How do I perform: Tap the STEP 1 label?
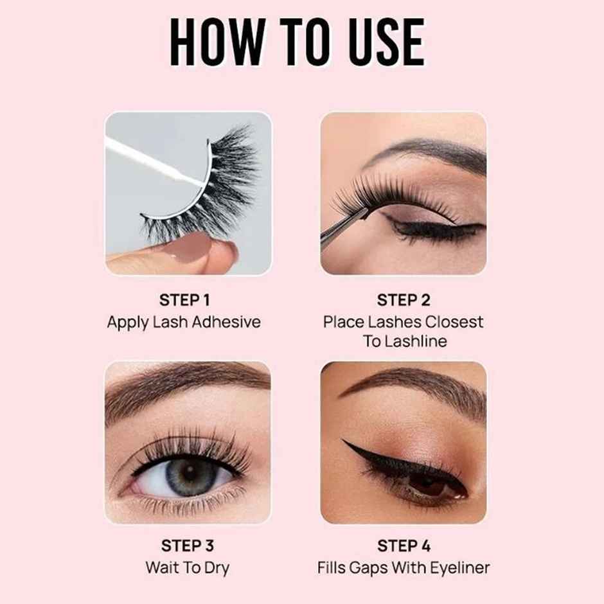click(x=184, y=300)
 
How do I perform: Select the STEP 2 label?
click(x=404, y=300)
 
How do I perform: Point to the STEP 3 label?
click(x=187, y=546)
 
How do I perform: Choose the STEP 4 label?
click(x=404, y=546)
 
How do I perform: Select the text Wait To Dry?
click(x=187, y=568)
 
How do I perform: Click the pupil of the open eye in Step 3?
click(x=187, y=476)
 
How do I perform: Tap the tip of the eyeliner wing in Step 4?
click(x=344, y=441)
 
